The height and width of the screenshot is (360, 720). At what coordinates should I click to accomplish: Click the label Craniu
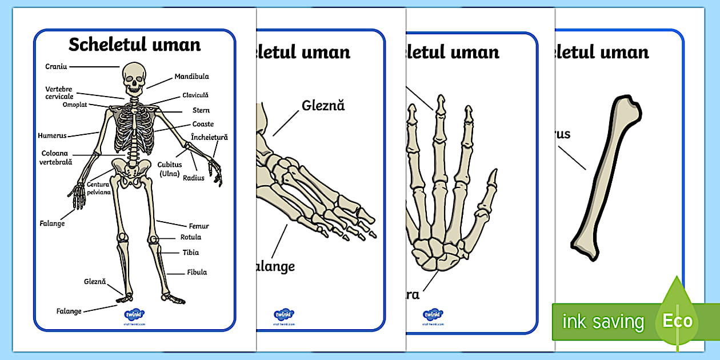click(x=56, y=67)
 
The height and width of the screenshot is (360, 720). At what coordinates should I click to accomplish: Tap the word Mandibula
click(x=191, y=77)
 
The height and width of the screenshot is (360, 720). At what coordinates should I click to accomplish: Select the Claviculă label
click(x=195, y=95)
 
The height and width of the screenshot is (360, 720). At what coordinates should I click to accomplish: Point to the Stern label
click(x=201, y=110)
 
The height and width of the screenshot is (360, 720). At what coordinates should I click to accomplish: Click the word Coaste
click(x=203, y=124)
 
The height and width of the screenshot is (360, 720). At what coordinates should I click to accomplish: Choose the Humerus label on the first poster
click(x=52, y=136)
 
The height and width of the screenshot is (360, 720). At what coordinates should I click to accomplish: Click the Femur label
click(x=199, y=226)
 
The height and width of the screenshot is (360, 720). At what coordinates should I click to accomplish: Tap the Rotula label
click(x=191, y=237)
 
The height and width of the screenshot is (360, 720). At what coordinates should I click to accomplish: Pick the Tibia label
click(x=191, y=253)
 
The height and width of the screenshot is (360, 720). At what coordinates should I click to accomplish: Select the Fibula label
click(x=197, y=273)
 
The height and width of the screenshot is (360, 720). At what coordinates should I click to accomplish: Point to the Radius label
click(x=194, y=178)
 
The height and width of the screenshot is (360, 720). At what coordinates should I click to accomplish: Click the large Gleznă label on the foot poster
click(x=323, y=106)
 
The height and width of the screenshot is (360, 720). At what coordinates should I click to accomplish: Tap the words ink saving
click(x=603, y=322)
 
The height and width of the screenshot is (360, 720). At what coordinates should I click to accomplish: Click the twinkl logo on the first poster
click(x=134, y=314)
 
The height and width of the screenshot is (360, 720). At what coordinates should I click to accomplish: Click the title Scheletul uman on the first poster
click(x=134, y=45)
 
